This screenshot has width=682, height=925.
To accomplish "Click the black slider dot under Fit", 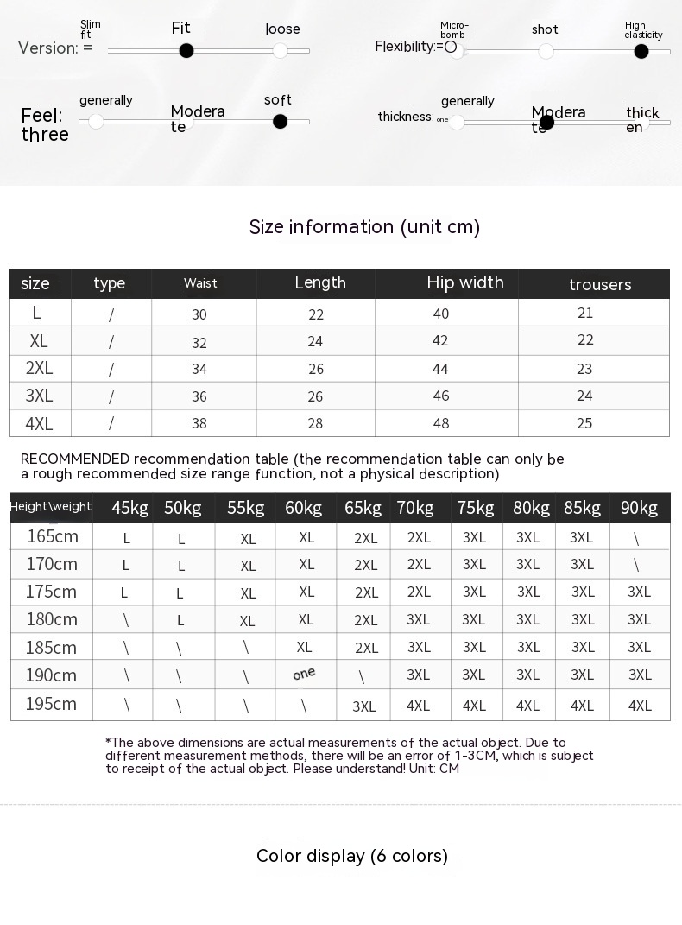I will click(x=186, y=51).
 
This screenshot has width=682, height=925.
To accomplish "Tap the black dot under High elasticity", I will click(x=641, y=52).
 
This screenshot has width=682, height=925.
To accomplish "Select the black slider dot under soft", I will click(x=280, y=122).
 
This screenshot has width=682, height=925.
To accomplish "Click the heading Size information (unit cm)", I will click(x=364, y=227).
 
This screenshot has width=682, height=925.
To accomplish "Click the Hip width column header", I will click(x=464, y=282).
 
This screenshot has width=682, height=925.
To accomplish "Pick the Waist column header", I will click(x=200, y=283).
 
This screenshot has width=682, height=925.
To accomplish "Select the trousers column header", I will click(x=600, y=284).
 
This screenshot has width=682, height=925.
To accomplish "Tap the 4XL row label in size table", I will click(x=39, y=424).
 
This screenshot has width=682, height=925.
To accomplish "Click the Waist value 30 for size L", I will click(x=199, y=315).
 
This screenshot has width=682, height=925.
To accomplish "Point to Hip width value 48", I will click(x=440, y=423).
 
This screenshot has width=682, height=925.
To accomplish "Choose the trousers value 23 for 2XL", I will click(x=584, y=369).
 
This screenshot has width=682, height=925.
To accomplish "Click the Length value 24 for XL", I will click(x=315, y=341).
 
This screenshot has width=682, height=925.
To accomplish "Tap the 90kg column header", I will click(x=639, y=508).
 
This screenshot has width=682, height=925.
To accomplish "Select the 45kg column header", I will click(x=130, y=508).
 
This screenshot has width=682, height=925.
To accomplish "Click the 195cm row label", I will click(x=51, y=704).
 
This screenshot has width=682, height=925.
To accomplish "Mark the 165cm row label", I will click(x=52, y=536).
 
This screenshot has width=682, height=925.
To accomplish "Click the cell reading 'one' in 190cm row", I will click(x=304, y=675).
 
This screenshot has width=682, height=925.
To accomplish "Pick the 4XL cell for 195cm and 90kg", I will click(x=640, y=706).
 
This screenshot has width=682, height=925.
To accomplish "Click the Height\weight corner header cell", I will click(x=51, y=507).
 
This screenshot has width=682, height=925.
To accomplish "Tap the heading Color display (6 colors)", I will click(x=352, y=856).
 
